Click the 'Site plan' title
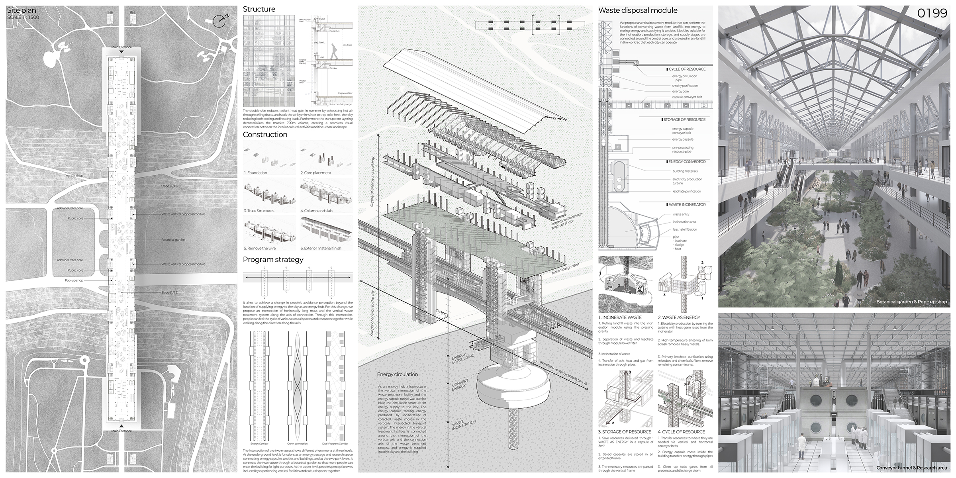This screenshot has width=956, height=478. [x=22, y=10]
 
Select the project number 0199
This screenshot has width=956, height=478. [x=932, y=14]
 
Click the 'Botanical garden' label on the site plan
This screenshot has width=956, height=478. [x=173, y=240]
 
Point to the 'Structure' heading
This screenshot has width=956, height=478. [x=259, y=9]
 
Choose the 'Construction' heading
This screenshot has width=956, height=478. [x=265, y=135]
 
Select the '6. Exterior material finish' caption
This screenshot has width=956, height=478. [x=321, y=248]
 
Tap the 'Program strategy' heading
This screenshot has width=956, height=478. [x=273, y=260]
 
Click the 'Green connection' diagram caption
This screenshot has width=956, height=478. [x=297, y=443]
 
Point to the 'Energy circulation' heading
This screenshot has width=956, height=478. [x=397, y=374]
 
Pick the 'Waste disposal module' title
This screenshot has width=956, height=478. [x=638, y=11]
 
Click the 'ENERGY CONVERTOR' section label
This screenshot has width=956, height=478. [x=687, y=162]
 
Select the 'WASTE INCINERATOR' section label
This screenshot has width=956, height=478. [x=687, y=205]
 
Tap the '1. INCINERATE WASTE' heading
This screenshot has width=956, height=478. [x=620, y=317]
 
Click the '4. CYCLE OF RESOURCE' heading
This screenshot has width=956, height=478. [x=681, y=432]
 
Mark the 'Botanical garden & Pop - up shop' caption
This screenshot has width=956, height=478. [x=911, y=302]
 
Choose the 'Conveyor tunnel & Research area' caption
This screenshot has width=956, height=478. [x=911, y=468]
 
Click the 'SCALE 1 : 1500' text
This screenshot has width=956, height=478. [x=23, y=18]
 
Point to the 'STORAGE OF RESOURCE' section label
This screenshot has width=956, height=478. [x=684, y=119]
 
